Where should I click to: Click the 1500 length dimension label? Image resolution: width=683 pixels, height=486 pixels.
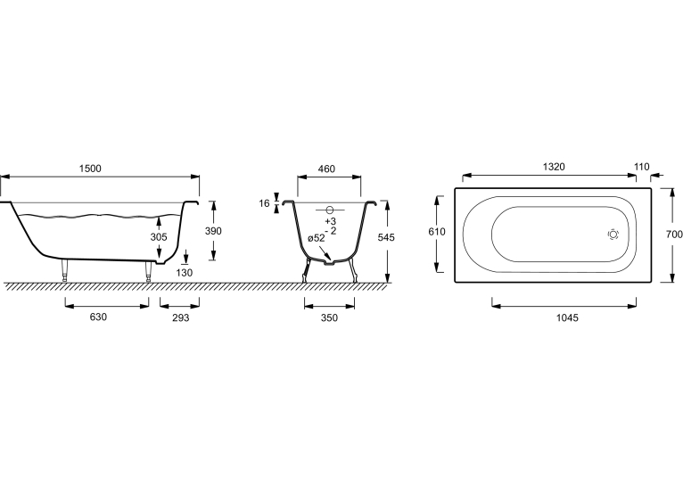click(x=90, y=169)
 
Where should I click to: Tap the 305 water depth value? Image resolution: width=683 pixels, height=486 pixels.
click(x=159, y=237)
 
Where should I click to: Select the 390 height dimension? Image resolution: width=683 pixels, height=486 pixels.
click(x=213, y=231)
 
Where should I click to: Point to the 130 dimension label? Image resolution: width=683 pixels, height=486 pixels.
click(x=185, y=273)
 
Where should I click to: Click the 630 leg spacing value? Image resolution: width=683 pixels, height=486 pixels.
click(x=98, y=317)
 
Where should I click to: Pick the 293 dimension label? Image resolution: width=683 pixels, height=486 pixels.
click(x=181, y=317)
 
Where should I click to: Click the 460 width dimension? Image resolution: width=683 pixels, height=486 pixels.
click(x=326, y=169)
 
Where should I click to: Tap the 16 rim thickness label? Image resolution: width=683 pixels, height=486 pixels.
click(x=264, y=203)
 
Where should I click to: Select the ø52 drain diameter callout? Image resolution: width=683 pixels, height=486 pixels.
click(x=317, y=238)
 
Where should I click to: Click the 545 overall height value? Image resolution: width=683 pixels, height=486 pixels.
click(x=386, y=237)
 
